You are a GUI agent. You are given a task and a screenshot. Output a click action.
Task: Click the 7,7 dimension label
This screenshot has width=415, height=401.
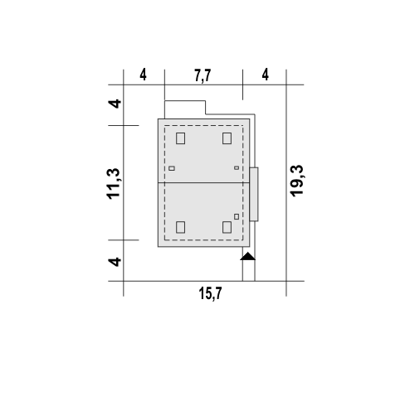(203, 75)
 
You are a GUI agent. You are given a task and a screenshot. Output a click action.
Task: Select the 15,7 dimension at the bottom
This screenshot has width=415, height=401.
(210, 293)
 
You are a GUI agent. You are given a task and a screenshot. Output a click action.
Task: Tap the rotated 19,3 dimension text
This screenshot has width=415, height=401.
(296, 181)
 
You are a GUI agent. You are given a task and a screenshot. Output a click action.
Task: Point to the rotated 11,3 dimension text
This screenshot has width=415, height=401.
(113, 184)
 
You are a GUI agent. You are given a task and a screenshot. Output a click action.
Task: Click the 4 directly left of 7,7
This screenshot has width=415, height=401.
(143, 75)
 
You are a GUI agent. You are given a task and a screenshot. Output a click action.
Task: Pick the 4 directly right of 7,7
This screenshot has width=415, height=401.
(265, 75)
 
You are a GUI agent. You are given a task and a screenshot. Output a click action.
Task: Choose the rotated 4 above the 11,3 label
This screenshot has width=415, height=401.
(115, 104)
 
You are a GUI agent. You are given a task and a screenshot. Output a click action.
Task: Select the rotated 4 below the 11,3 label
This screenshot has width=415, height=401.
(115, 262)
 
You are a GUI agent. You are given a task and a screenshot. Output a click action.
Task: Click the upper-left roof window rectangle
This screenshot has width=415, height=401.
(180, 138)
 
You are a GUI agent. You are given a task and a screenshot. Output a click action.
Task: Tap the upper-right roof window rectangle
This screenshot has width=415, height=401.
(227, 138)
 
